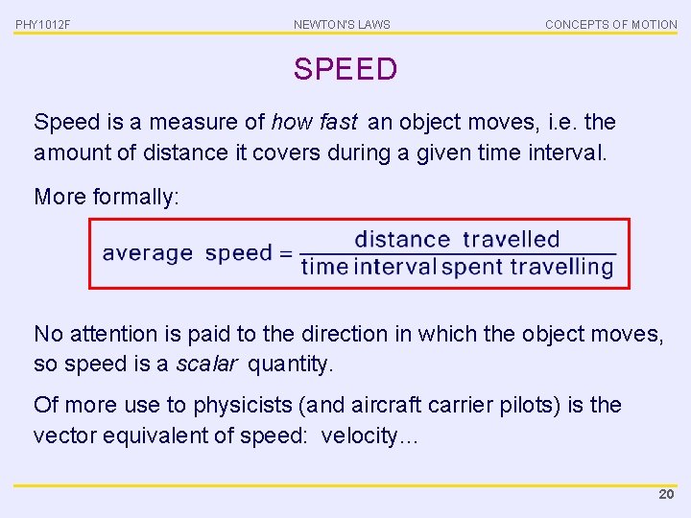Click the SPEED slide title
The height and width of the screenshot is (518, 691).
pyautogui.click(x=345, y=69)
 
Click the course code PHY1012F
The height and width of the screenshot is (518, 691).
pyautogui.click(x=43, y=24)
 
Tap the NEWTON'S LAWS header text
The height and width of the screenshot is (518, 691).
pyautogui.click(x=342, y=24)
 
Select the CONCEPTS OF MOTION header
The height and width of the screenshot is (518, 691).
pyautogui.click(x=610, y=24)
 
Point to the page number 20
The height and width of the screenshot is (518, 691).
pyautogui.click(x=666, y=495)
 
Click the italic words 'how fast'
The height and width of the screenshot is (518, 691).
pyautogui.click(x=314, y=123)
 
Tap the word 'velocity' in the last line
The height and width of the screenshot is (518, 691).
pyautogui.click(x=357, y=436)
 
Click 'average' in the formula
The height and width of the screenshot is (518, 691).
pyautogui.click(x=148, y=254)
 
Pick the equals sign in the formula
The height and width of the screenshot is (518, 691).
pyautogui.click(x=285, y=254)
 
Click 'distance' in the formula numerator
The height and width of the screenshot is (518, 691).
pyautogui.click(x=402, y=240)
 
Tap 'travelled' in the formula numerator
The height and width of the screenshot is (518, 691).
pyautogui.click(x=511, y=240)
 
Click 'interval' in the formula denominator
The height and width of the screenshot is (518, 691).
pyautogui.click(x=394, y=267)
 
